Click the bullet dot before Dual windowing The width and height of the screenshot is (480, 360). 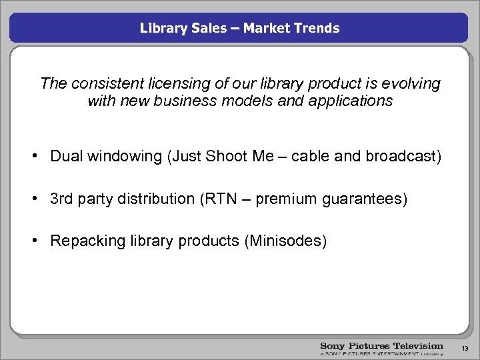[x=40, y=157]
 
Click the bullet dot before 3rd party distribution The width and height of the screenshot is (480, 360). [x=40, y=199]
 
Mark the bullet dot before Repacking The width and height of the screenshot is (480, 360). [x=40, y=241]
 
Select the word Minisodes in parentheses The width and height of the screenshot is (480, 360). [x=286, y=241]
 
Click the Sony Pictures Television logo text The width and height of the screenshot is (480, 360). [x=381, y=346]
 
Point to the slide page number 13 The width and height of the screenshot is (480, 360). [x=465, y=348]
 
